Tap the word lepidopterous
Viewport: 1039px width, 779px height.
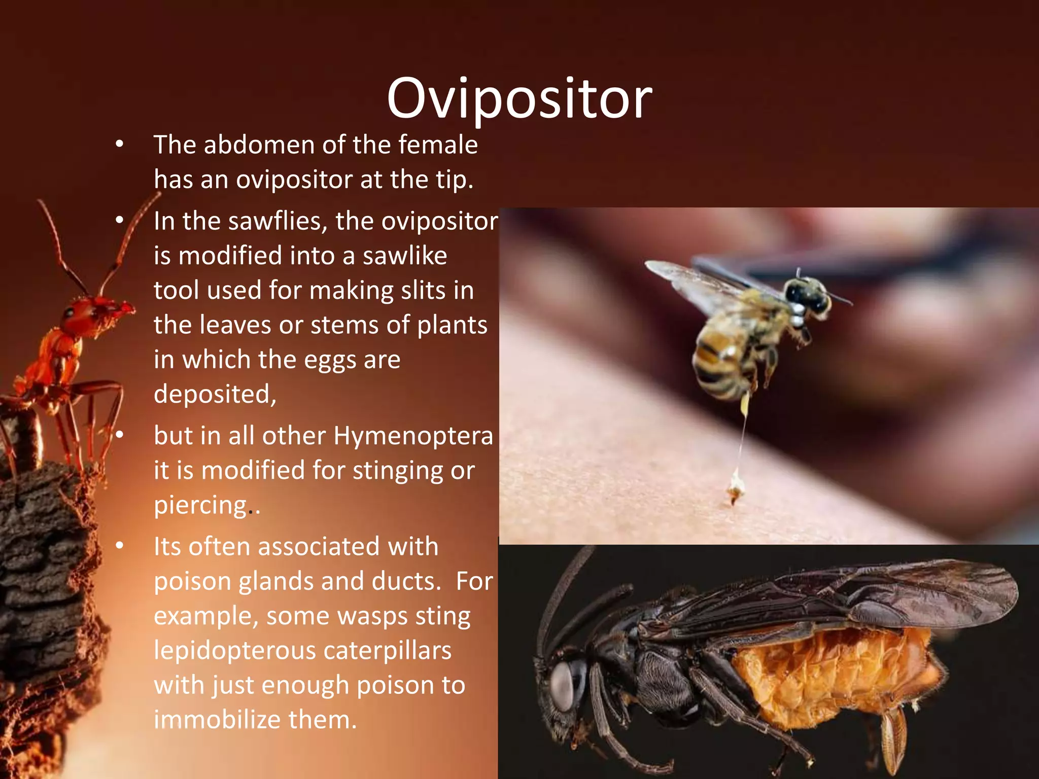pos(234,651)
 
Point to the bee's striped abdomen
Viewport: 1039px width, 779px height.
pos(715,363)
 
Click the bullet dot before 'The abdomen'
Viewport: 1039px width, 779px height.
pos(119,145)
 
